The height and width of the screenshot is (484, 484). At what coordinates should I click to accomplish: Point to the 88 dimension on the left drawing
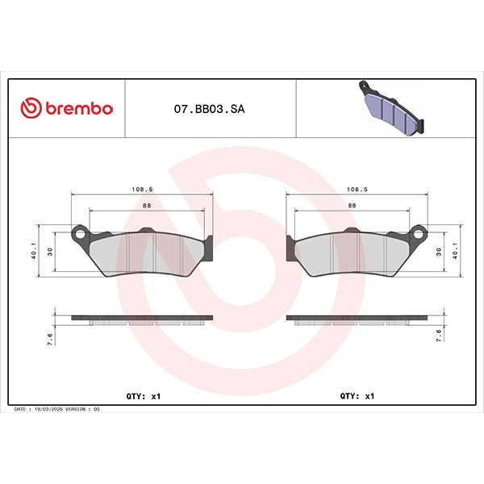(x=146, y=205)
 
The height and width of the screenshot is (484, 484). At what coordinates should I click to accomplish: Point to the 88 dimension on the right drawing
(x=353, y=205)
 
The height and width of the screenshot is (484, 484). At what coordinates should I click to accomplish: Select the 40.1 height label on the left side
(x=34, y=251)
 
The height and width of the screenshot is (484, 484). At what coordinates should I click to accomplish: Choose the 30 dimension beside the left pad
(x=50, y=252)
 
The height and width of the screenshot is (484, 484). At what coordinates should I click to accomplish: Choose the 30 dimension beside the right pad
(x=440, y=252)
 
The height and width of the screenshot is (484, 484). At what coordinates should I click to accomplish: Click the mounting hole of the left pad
(x=81, y=234)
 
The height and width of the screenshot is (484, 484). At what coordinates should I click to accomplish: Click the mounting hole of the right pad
(x=418, y=234)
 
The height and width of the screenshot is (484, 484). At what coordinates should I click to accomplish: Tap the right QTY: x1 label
(x=357, y=396)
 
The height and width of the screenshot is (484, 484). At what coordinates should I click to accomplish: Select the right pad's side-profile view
(x=356, y=319)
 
